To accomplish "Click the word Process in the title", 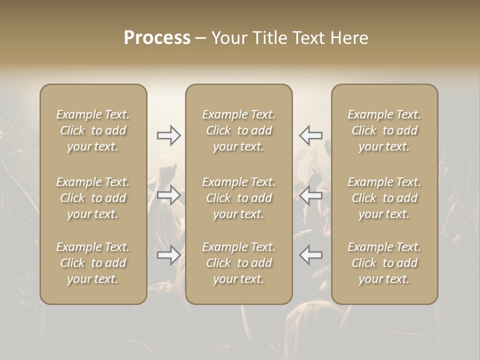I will click(157, 38).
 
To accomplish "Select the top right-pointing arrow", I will click(169, 135).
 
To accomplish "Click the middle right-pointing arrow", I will click(169, 195).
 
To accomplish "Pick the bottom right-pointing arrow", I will click(169, 255).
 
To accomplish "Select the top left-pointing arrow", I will click(310, 135).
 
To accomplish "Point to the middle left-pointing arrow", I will click(310, 195).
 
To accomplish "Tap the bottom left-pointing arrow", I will click(310, 255).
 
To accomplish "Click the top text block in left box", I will click(93, 130).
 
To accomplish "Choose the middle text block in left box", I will click(93, 198).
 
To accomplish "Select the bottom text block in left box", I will click(93, 263).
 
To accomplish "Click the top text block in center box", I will click(238, 130).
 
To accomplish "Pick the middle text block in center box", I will click(238, 198).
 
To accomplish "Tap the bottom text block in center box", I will click(238, 263).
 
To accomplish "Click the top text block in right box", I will click(384, 130).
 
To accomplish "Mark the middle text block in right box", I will click(384, 198).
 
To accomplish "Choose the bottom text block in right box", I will click(384, 263).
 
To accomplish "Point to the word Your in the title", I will click(229, 38).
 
